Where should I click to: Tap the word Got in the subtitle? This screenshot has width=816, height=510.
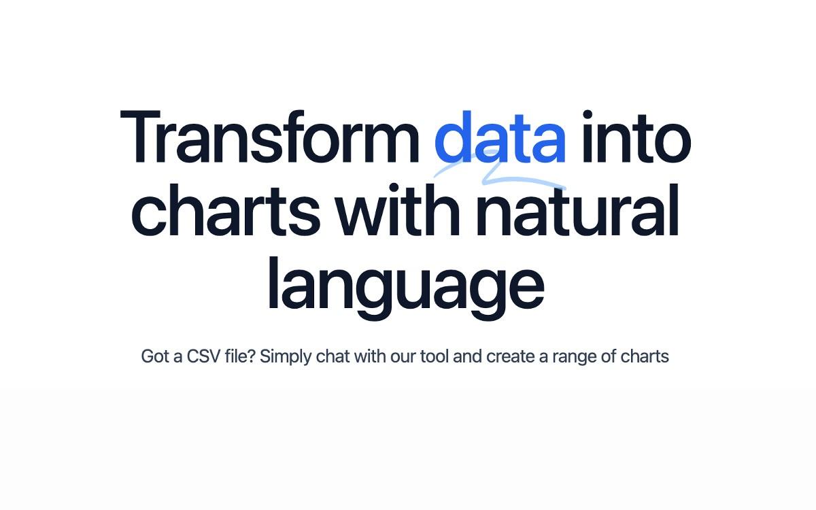(x=155, y=356)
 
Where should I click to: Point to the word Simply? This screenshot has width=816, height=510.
(x=286, y=357)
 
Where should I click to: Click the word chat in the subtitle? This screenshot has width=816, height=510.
(x=333, y=356)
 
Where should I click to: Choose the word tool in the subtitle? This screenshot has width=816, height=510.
(x=435, y=356)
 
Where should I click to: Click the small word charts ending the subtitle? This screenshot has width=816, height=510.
(x=645, y=356)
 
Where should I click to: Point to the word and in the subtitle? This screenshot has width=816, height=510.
(x=467, y=356)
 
